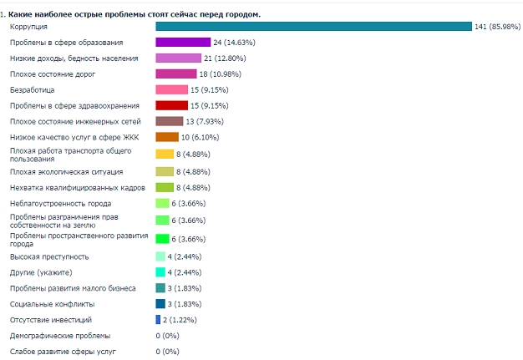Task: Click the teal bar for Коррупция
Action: click(x=313, y=27)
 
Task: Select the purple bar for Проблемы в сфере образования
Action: click(x=183, y=42)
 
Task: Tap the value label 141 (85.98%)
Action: click(x=499, y=27)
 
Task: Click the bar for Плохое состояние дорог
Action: click(x=176, y=74)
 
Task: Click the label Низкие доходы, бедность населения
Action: click(x=74, y=58)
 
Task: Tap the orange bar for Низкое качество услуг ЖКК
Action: click(x=167, y=137)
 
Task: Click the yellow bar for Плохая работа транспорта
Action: click(x=165, y=154)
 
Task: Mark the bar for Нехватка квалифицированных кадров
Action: click(x=165, y=187)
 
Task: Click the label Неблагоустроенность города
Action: click(x=60, y=203)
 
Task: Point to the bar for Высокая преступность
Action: click(x=160, y=256)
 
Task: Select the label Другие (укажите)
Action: click(x=41, y=272)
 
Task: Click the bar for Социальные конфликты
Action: click(x=160, y=304)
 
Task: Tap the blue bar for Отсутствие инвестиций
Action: click(x=158, y=320)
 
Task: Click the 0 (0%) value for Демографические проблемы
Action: click(x=168, y=336)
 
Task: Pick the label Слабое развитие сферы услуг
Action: click(x=63, y=352)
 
